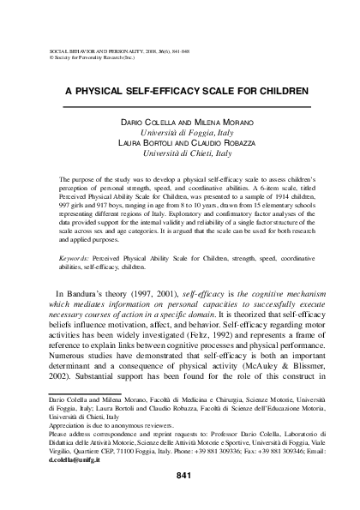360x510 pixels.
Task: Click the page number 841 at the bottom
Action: point(182,476)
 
